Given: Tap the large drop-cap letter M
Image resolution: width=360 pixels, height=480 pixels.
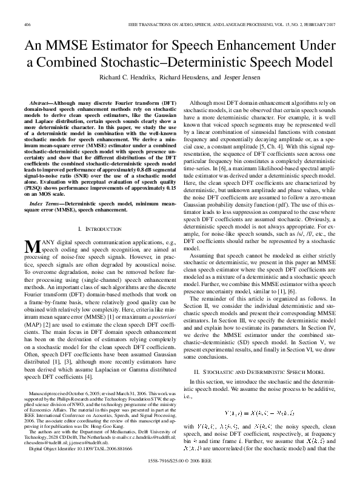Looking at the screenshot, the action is [x=31, y=247].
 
